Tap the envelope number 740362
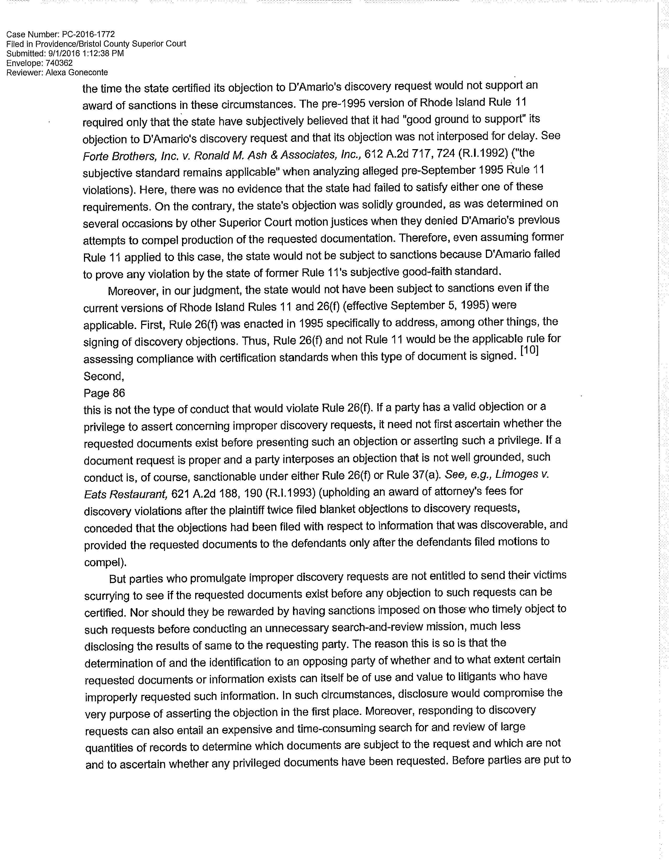pos(55,63)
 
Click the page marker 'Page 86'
pos(104,393)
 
